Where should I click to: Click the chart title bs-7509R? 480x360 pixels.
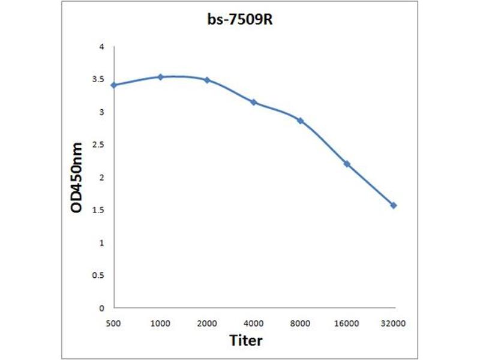tap(240, 20)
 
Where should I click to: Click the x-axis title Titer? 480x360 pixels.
tap(246, 340)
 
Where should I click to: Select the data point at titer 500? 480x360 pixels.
tap(113, 85)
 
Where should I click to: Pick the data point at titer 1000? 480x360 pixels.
tap(160, 77)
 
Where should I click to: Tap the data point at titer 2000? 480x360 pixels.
tap(207, 80)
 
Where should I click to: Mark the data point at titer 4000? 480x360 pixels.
tap(254, 102)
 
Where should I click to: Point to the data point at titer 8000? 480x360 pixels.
tap(301, 121)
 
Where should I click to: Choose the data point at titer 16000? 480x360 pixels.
tap(347, 164)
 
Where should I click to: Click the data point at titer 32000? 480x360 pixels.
tap(394, 205)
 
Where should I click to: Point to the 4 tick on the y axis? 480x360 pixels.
tap(101, 47)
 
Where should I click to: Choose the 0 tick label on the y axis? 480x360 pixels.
tap(101, 308)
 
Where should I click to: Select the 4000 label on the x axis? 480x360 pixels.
tap(253, 323)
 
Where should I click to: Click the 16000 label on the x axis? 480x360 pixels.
tap(347, 323)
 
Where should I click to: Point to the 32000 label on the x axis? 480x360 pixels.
tap(394, 323)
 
